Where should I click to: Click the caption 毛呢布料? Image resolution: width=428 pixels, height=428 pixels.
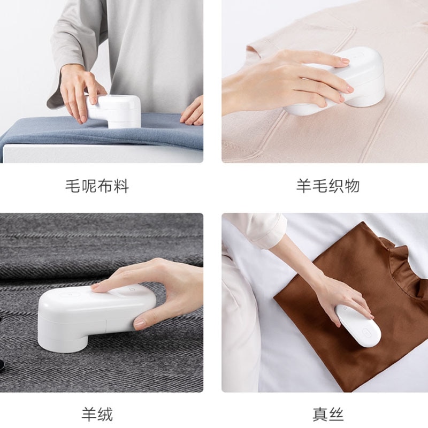click(x=97, y=186)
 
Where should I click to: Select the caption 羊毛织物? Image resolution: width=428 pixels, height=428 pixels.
click(x=328, y=186)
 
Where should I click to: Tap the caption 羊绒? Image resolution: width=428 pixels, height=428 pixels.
click(x=97, y=415)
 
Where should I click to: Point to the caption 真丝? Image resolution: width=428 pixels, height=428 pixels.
click(x=328, y=415)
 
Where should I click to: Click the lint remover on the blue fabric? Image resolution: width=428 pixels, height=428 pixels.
click(x=114, y=111)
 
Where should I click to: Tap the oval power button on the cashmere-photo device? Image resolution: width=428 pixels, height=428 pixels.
click(x=70, y=295)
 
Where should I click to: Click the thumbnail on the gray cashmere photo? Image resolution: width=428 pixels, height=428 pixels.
click(x=140, y=324)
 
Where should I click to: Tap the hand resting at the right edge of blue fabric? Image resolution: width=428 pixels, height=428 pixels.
click(x=193, y=112)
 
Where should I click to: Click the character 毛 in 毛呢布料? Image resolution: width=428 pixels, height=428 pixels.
click(x=73, y=186)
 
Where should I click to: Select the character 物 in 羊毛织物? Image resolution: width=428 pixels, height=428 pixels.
click(x=352, y=186)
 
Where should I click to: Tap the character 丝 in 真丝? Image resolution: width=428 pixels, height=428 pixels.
click(x=336, y=415)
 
